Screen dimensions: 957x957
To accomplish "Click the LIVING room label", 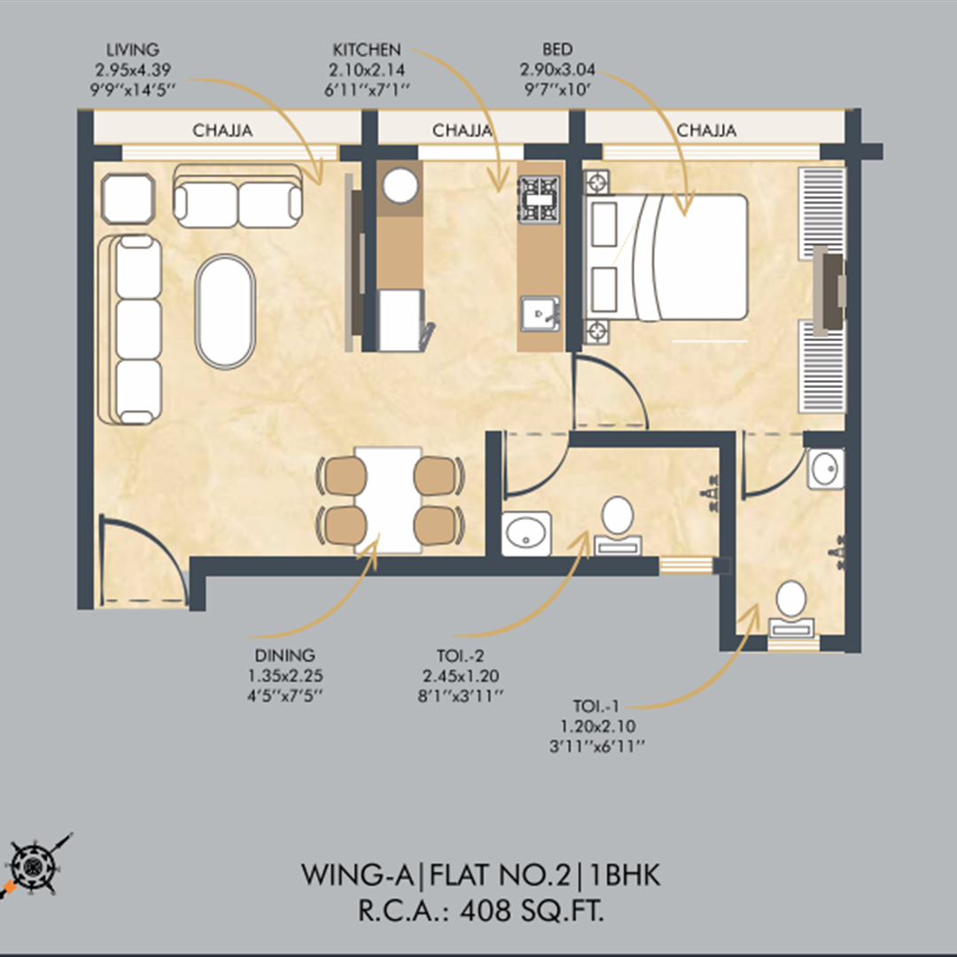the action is pyautogui.click(x=132, y=50).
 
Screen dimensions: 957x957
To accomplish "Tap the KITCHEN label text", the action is pyautogui.click(x=367, y=50).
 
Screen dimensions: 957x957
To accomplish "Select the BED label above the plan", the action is pyautogui.click(x=557, y=50).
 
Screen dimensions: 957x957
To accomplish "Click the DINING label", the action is pyautogui.click(x=285, y=656).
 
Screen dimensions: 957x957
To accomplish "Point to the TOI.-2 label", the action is pyautogui.click(x=460, y=656).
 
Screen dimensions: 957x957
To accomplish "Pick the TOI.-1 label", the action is pyautogui.click(x=595, y=706).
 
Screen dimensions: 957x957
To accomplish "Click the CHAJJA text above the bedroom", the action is pyautogui.click(x=706, y=130).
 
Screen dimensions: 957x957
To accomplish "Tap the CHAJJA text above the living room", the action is pyautogui.click(x=222, y=130).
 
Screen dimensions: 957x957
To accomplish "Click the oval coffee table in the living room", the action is pyautogui.click(x=225, y=311).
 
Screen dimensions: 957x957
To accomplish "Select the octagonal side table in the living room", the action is pyautogui.click(x=128, y=199).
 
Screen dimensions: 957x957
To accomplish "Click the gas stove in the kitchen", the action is pyautogui.click(x=540, y=198).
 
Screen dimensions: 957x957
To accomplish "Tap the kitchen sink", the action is pyautogui.click(x=541, y=314).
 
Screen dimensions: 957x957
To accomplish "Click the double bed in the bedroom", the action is pyautogui.click(x=665, y=257).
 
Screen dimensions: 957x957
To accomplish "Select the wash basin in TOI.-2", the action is pyautogui.click(x=526, y=533).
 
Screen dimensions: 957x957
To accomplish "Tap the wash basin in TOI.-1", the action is pyautogui.click(x=826, y=469).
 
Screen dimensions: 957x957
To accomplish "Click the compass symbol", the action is pyautogui.click(x=35, y=866).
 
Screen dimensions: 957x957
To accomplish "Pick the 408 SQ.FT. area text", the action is pyautogui.click(x=532, y=911).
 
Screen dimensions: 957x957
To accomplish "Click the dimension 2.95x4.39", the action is pyautogui.click(x=132, y=70).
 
